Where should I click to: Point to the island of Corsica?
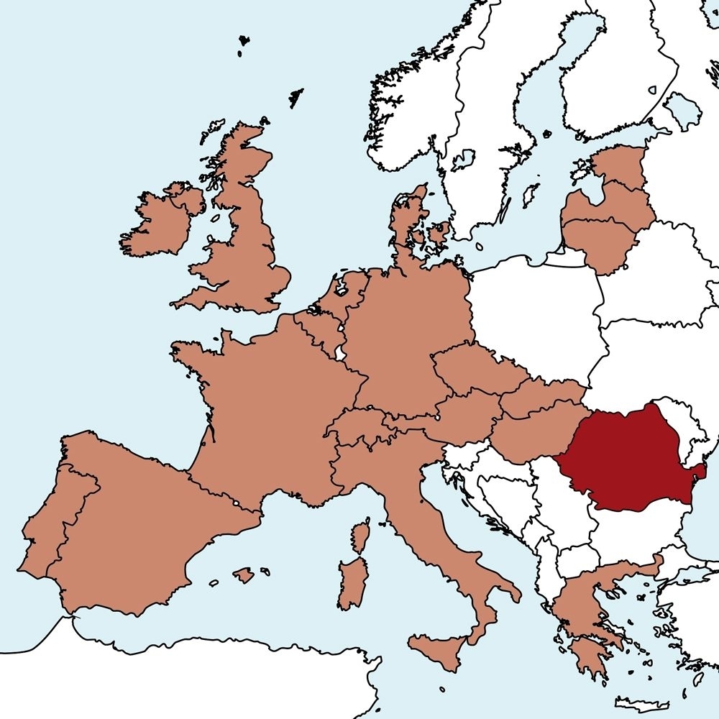[362, 536]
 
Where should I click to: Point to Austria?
[460, 417]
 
